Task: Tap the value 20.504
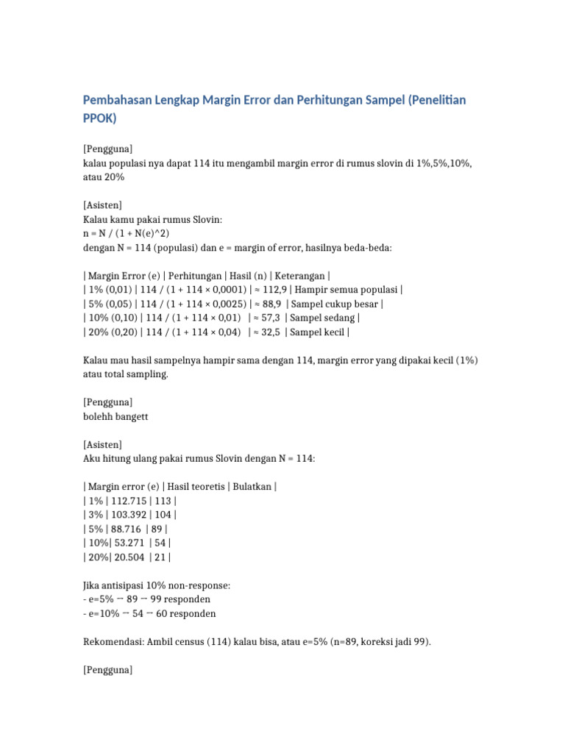[129, 557]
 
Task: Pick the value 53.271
[127, 543]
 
